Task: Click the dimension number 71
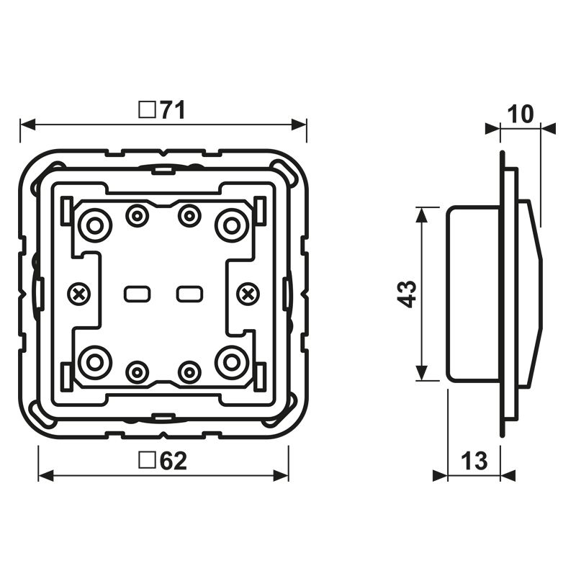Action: (x=172, y=109)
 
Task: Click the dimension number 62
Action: (x=174, y=461)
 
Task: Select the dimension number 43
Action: (x=407, y=294)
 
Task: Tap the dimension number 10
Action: (x=521, y=114)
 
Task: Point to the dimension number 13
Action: (x=474, y=461)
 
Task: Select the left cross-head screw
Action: (x=78, y=294)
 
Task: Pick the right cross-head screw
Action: (x=248, y=294)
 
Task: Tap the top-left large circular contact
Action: (x=96, y=225)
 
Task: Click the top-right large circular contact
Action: (x=232, y=225)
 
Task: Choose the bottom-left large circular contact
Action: (x=96, y=363)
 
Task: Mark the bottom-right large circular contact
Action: (x=232, y=363)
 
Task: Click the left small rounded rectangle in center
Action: (x=137, y=294)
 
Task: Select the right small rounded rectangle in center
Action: (x=189, y=294)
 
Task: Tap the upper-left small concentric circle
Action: (x=138, y=215)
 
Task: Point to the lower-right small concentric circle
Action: (x=189, y=372)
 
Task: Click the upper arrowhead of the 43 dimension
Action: (x=422, y=215)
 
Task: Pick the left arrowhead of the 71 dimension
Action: (x=27, y=125)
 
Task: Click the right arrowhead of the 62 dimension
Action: (x=281, y=475)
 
